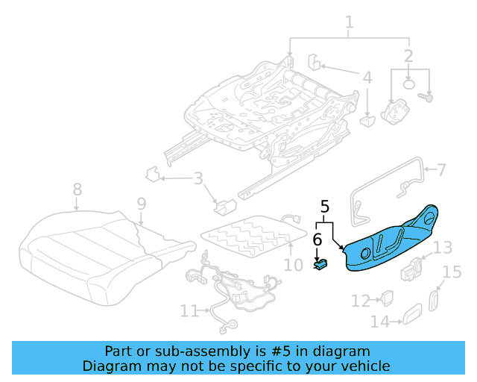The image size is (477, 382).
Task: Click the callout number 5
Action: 324,206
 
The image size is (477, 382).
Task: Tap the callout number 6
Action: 317,239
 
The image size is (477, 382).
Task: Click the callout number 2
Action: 408,55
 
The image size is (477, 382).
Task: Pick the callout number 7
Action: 441,169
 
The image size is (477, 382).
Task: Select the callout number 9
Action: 141,203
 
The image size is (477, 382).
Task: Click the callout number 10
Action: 294,264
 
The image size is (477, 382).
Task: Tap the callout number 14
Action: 379,322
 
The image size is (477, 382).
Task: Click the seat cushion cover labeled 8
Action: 82,250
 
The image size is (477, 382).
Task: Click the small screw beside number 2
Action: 429,97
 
